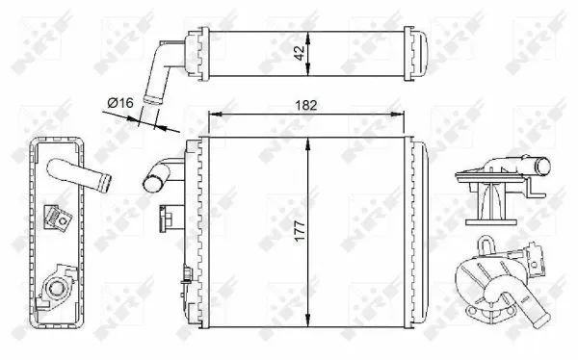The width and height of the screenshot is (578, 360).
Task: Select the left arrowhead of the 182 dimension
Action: pyautogui.click(x=214, y=115)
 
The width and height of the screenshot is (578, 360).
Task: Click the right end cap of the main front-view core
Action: pyautogui.click(x=418, y=232)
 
